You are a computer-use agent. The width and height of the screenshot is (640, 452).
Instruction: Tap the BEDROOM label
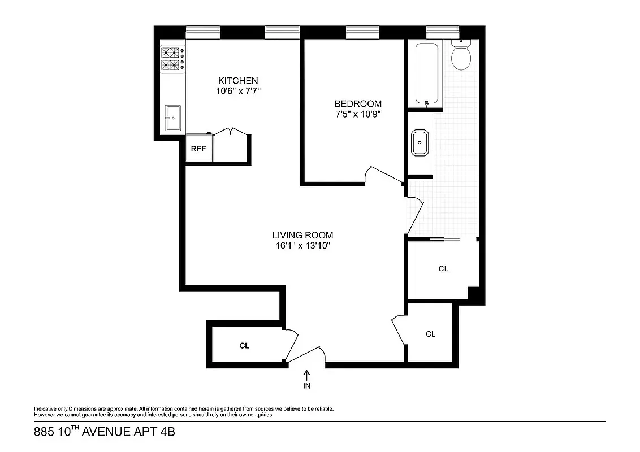click(358, 104)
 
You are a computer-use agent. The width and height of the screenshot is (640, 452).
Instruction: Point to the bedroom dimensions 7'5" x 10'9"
click(358, 114)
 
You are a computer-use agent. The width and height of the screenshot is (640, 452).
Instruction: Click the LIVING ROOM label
click(302, 235)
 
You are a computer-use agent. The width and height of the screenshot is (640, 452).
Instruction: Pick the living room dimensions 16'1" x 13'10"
click(302, 245)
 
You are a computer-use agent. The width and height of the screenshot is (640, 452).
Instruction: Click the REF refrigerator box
click(198, 149)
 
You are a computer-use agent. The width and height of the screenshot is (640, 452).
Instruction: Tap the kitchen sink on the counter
click(173, 118)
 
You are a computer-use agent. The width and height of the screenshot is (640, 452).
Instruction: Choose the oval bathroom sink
click(419, 142)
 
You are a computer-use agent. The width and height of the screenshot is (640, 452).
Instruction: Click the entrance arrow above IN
click(307, 375)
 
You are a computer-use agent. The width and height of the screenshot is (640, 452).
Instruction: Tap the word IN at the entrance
click(307, 386)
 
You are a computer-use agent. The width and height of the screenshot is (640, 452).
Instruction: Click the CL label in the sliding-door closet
click(443, 269)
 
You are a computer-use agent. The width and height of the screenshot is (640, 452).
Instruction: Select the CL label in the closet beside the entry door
click(244, 346)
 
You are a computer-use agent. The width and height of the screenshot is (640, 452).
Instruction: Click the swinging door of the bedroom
click(384, 174)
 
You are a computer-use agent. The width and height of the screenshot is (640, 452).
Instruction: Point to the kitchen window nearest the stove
click(202, 33)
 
